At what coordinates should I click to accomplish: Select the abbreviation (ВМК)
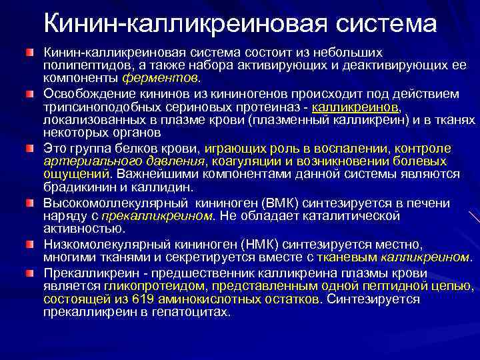(x=275, y=203)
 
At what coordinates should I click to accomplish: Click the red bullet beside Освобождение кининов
(x=29, y=95)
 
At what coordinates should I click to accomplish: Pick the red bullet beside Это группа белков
(x=29, y=148)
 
